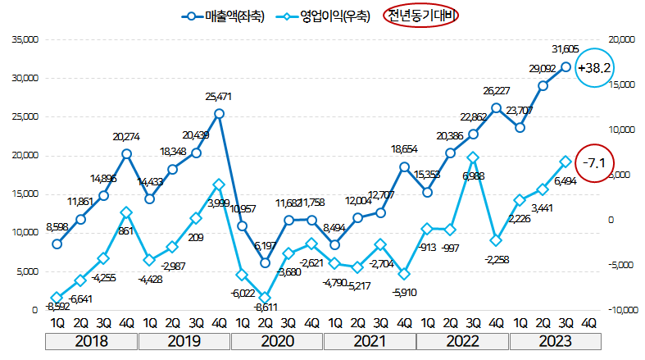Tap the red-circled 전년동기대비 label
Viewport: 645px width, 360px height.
coord(422,16)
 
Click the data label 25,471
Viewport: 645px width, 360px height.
coord(220,97)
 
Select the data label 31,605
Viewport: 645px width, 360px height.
coord(566,48)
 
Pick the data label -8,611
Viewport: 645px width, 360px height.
coord(265,308)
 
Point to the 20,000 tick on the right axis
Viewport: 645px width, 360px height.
coord(622,39)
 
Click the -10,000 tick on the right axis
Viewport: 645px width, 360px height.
coord(622,310)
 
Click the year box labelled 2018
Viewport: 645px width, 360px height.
coord(91,340)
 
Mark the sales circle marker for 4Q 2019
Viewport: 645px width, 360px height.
coord(220,113)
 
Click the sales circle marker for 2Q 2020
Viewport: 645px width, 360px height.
coord(266,262)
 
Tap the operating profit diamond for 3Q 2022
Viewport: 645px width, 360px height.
coord(474,157)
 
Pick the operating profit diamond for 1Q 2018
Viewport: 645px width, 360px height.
coord(57,298)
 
